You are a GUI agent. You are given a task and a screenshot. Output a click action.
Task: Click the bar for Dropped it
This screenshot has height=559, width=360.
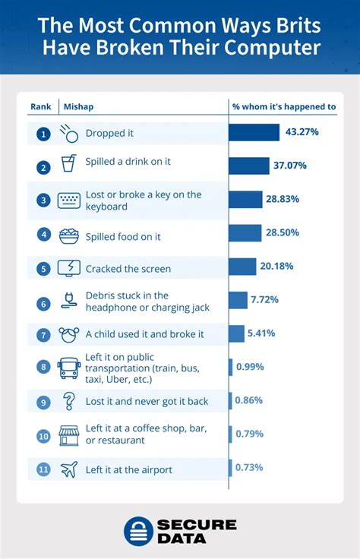[254, 132]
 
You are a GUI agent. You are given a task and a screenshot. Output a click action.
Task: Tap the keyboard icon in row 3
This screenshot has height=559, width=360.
[69, 201]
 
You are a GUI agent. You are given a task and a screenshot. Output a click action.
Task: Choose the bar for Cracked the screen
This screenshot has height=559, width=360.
[242, 267]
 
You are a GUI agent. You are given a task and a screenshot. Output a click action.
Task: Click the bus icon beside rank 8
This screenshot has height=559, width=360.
[69, 368]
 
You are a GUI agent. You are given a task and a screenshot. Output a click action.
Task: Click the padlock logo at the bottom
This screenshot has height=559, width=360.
[138, 531]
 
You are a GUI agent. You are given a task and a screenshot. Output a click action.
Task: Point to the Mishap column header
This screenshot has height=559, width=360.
[79, 106]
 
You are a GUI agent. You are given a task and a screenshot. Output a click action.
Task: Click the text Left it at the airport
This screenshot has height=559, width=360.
[128, 469]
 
